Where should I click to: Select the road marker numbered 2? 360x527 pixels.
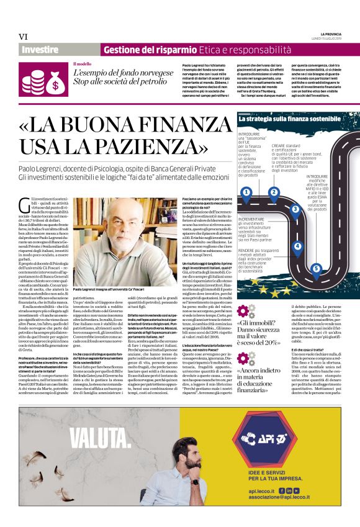coord(274,192)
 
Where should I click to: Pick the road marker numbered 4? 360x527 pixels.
coord(297,246)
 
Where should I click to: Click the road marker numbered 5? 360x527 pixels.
coord(316,268)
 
